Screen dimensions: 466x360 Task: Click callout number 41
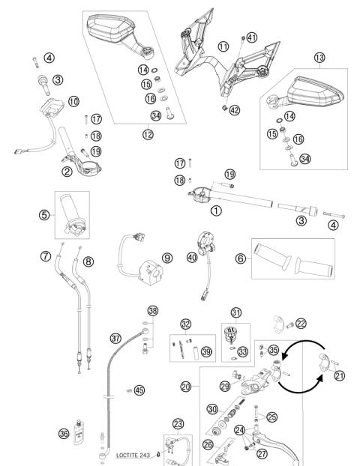coord(252,37)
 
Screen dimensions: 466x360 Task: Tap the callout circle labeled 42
coord(235,109)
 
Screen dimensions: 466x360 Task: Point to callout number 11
coord(223,46)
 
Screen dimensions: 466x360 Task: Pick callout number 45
coord(139,390)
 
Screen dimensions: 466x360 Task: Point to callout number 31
coord(236,312)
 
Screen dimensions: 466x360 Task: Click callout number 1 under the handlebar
coord(217,211)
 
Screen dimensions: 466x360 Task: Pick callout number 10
coord(73,101)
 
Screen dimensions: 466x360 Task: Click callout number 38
coord(153,310)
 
